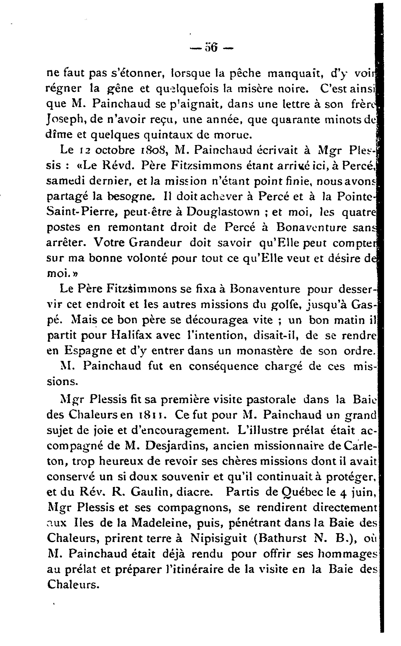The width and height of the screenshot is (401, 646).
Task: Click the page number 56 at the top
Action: click(211, 48)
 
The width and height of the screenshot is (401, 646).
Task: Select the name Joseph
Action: click(65, 120)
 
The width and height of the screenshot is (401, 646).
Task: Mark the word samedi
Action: click(65, 181)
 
